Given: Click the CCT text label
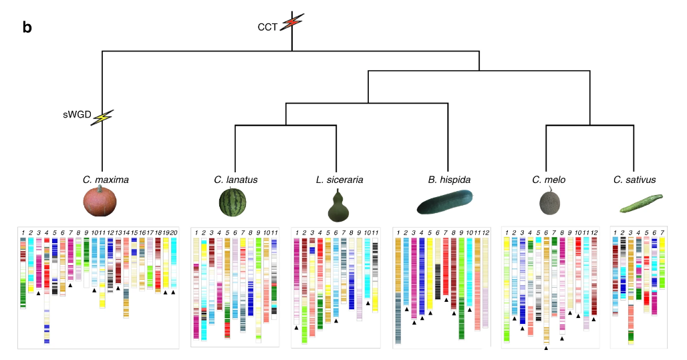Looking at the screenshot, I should pyautogui.click(x=267, y=27).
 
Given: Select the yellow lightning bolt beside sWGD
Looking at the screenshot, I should pyautogui.click(x=102, y=118).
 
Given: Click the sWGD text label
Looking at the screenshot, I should pyautogui.click(x=77, y=115).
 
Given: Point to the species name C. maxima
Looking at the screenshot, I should pyautogui.click(x=106, y=180).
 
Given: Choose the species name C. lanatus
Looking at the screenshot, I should pyautogui.click(x=236, y=180).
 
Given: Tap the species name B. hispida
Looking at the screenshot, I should pyautogui.click(x=448, y=180).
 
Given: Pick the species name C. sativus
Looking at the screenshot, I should pyautogui.click(x=636, y=180).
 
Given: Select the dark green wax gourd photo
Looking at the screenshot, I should pyautogui.click(x=444, y=201).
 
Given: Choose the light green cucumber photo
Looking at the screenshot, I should pyautogui.click(x=641, y=203).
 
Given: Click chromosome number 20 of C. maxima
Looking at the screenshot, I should pyautogui.click(x=173, y=232).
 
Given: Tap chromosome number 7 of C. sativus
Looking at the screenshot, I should pyautogui.click(x=662, y=232).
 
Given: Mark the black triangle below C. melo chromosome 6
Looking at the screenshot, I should pyautogui.click(x=547, y=348).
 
